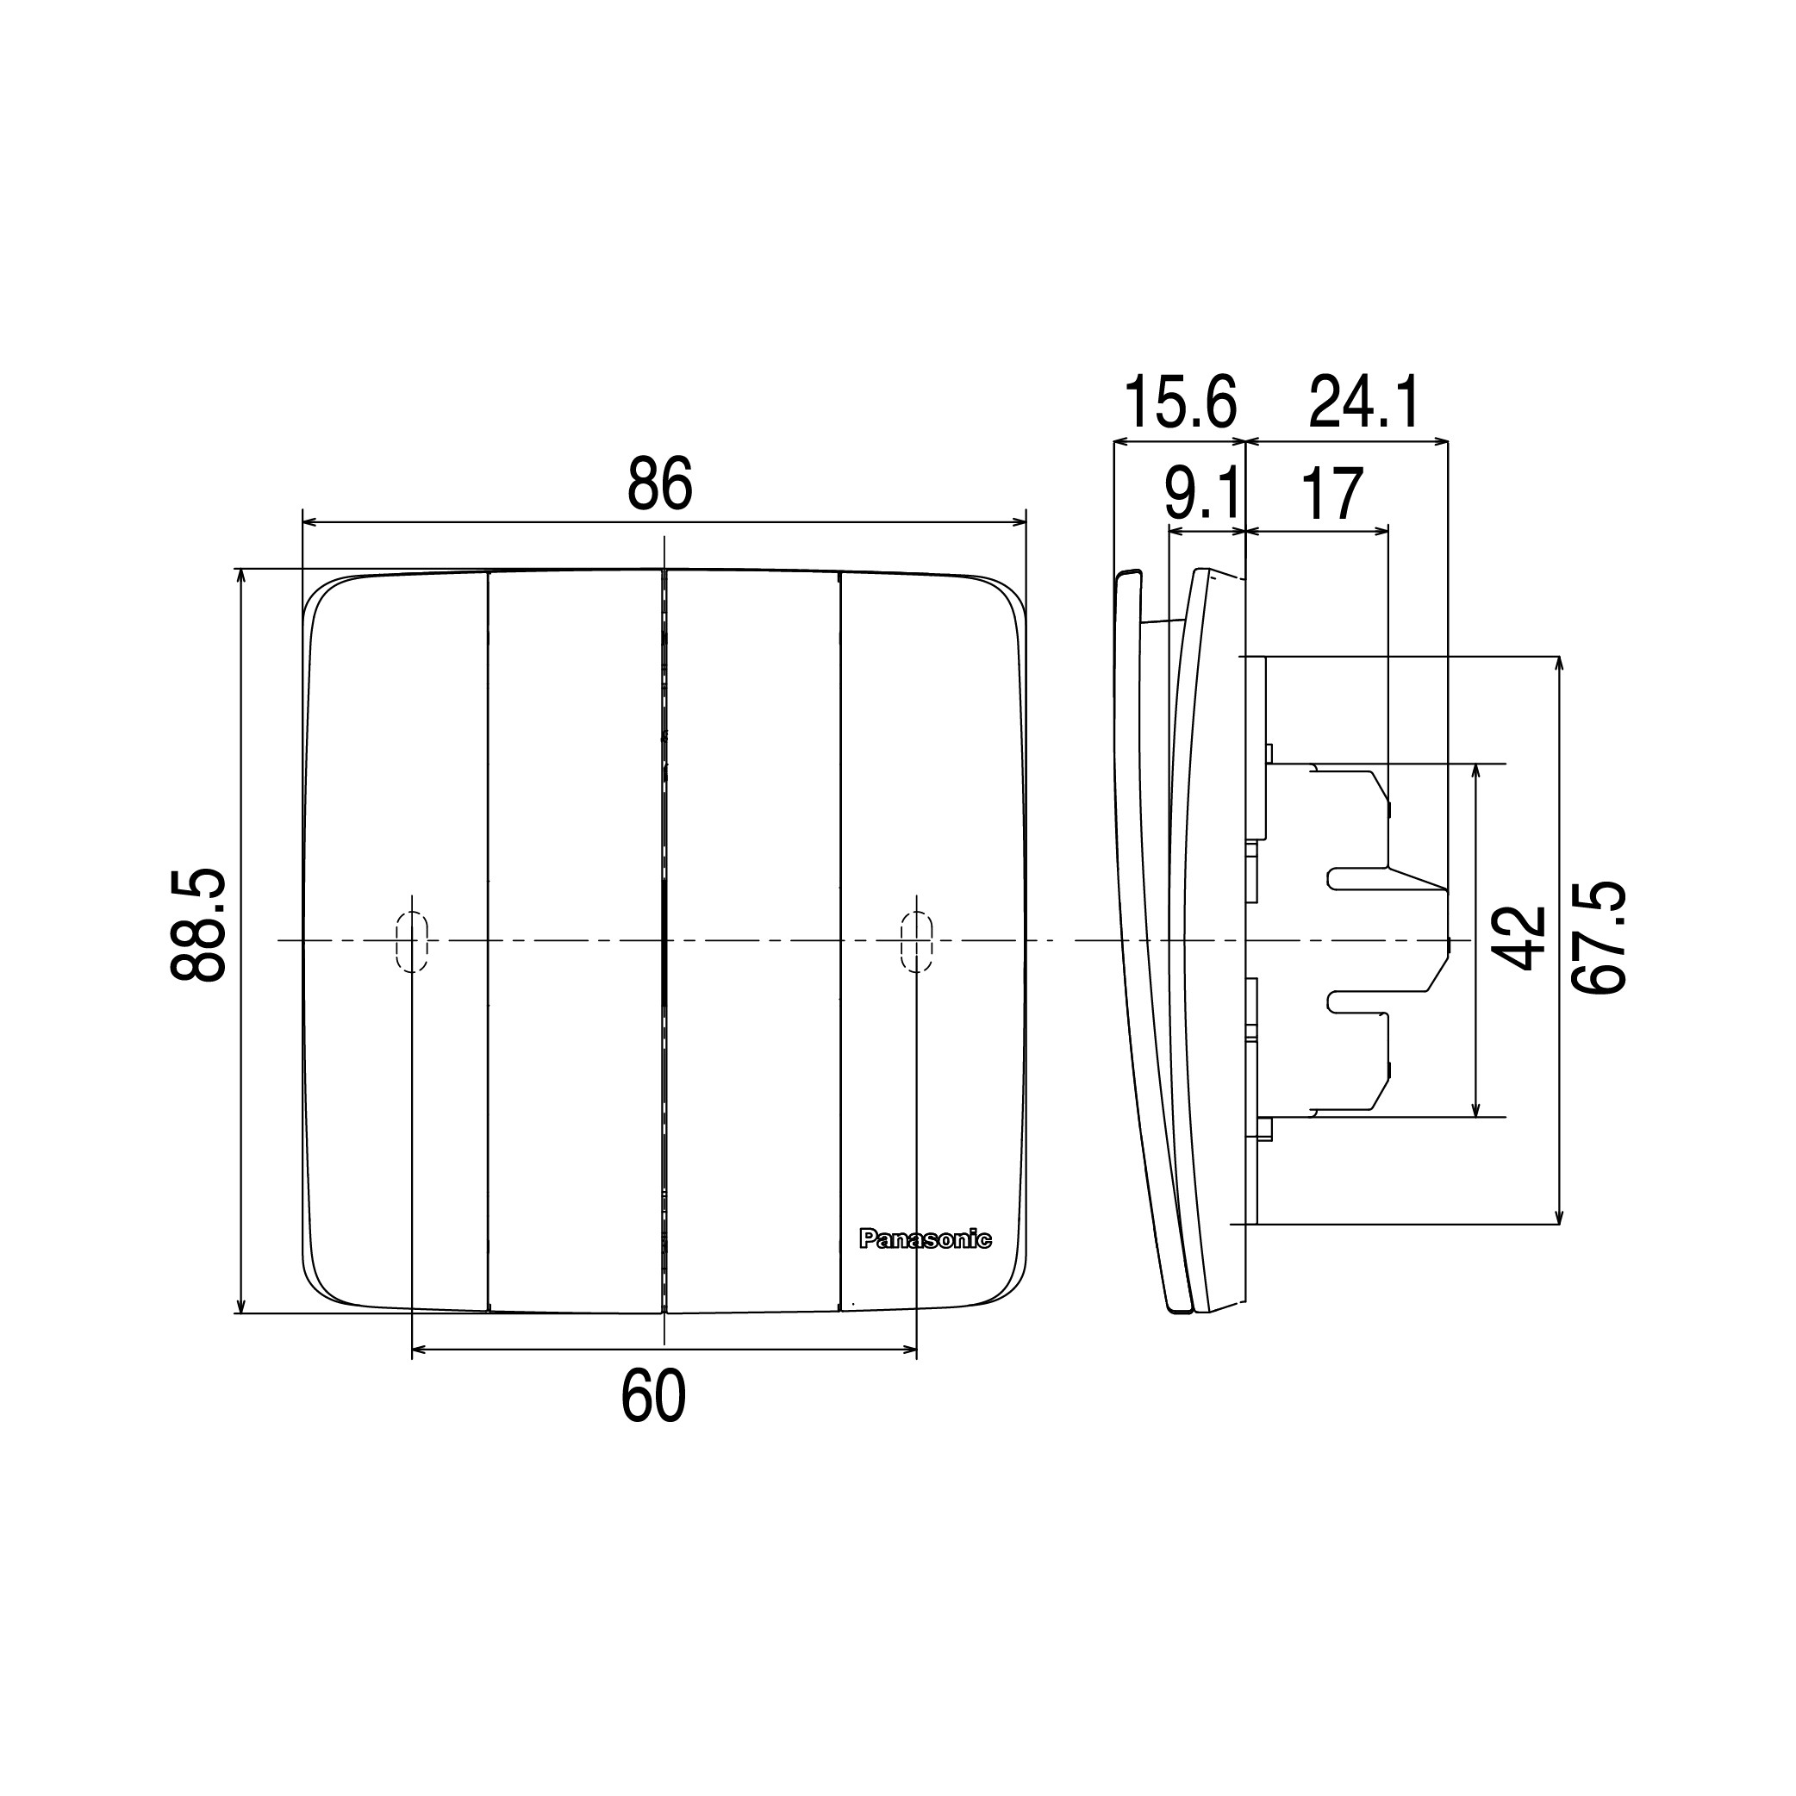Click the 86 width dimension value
pyautogui.click(x=660, y=484)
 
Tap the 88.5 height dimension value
pyautogui.click(x=198, y=925)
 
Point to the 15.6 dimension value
pyautogui.click(x=1181, y=402)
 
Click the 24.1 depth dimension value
pyautogui.click(x=1364, y=402)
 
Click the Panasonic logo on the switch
pyautogui.click(x=925, y=1239)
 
